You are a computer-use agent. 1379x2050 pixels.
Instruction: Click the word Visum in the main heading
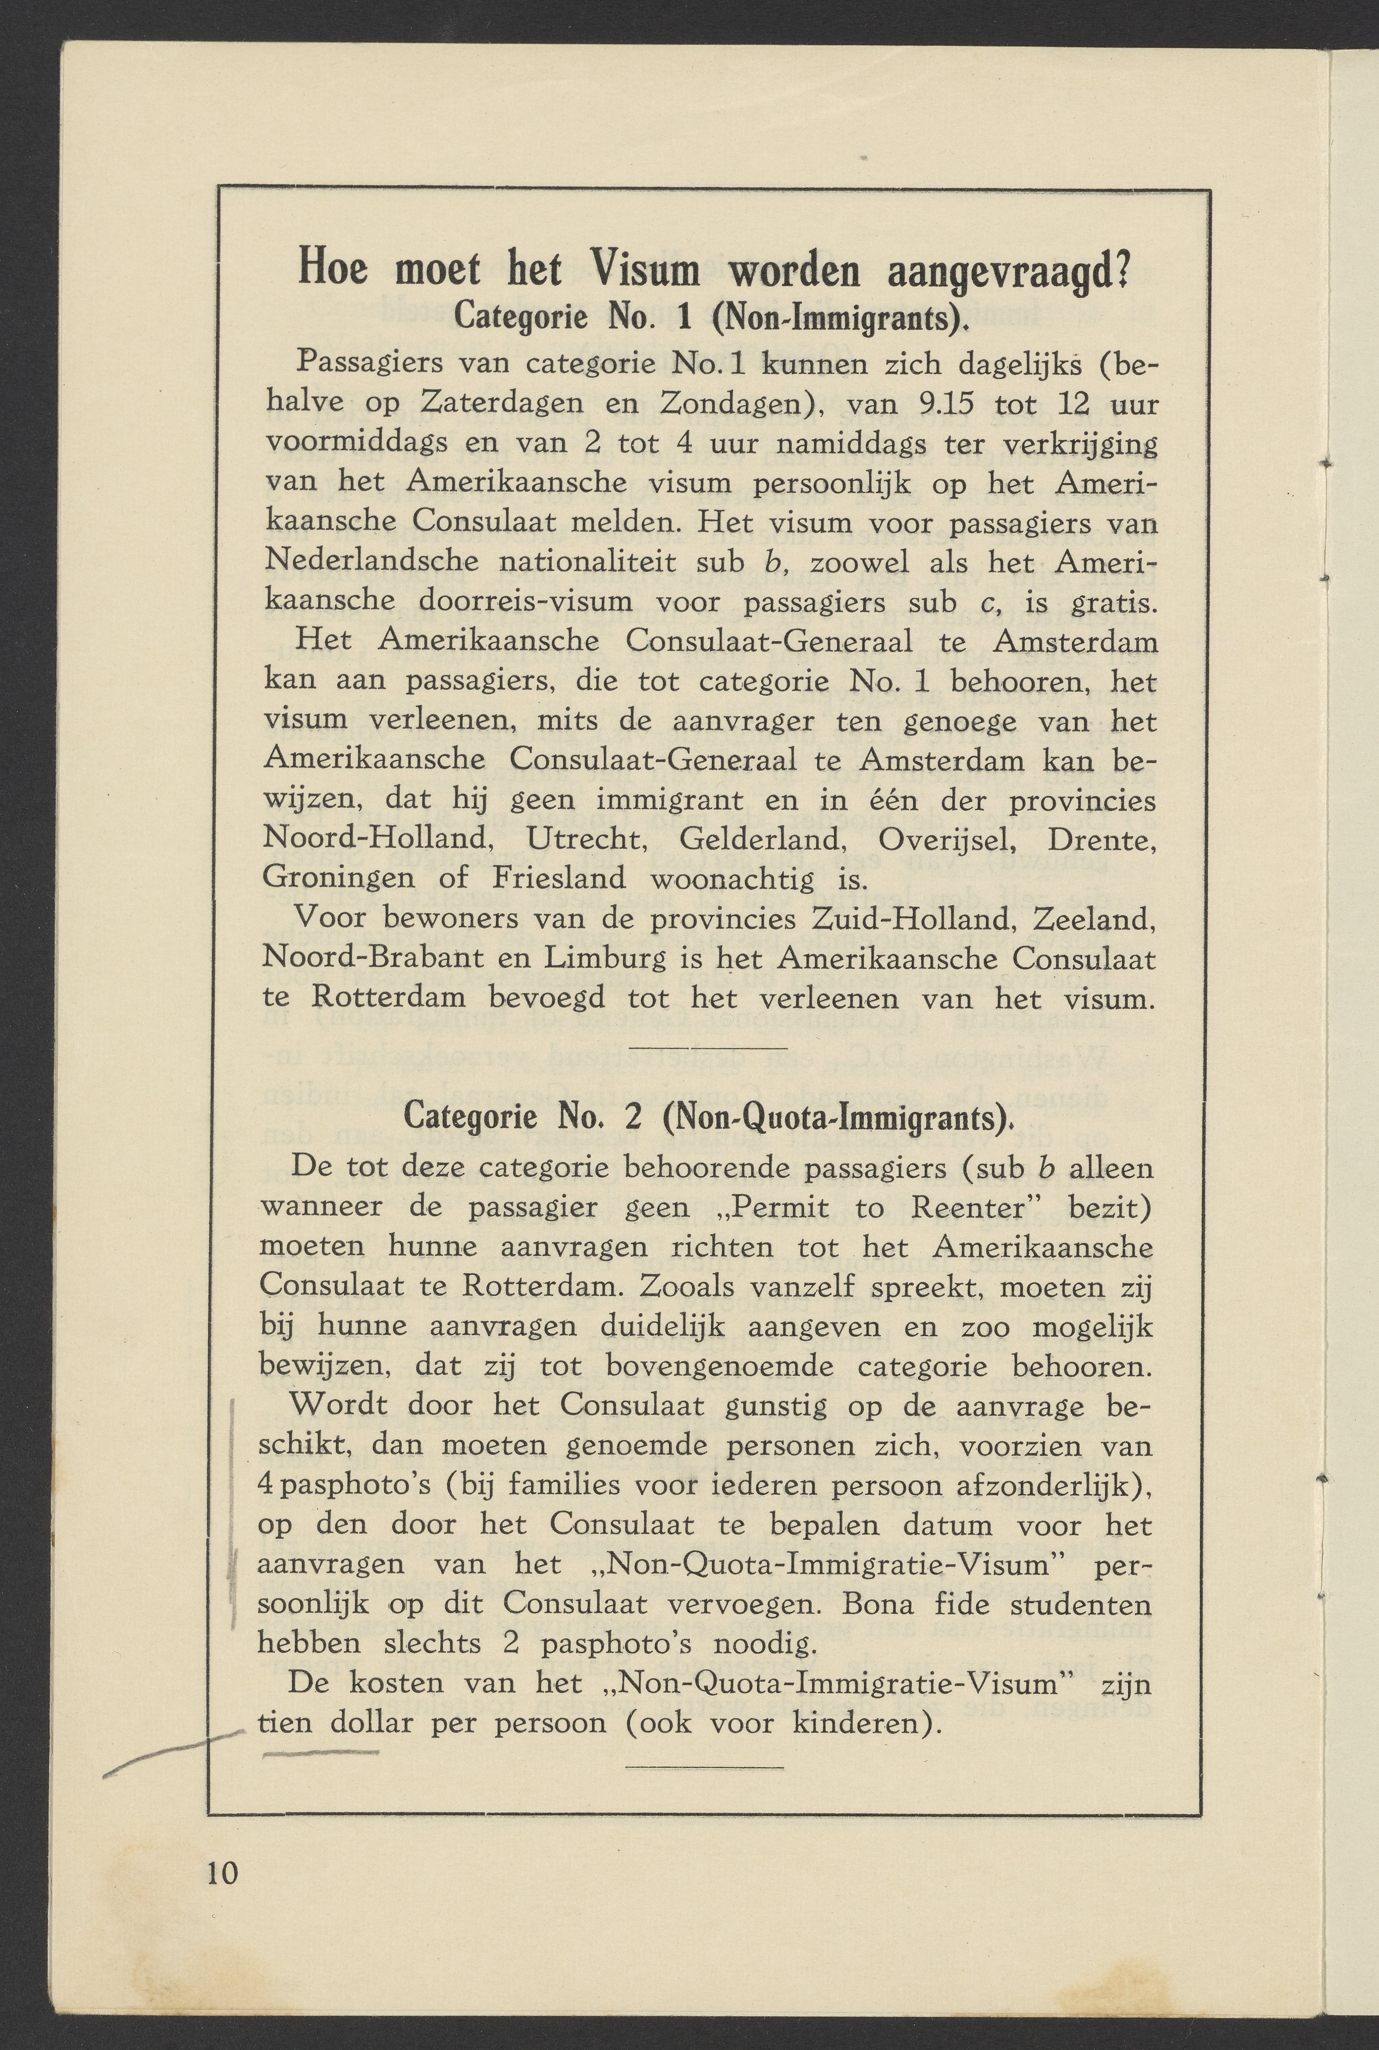[645, 269]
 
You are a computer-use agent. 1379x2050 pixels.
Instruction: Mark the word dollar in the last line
[371, 1723]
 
